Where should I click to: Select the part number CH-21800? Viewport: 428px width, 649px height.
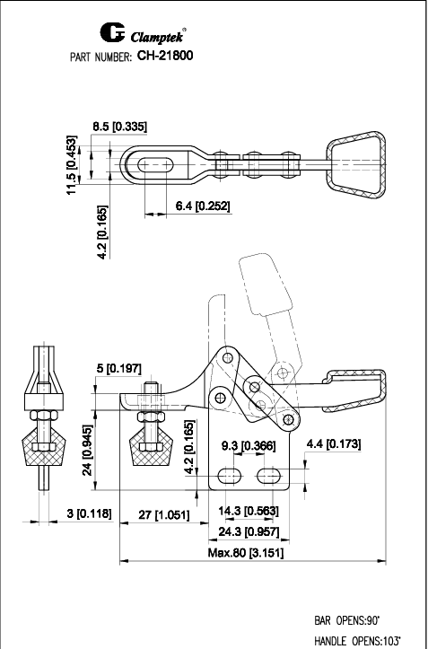(166, 56)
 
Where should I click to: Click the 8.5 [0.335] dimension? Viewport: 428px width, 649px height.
(120, 127)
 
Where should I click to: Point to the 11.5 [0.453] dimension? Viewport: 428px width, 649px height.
(83, 164)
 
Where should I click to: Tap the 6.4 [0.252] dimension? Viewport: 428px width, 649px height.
(203, 206)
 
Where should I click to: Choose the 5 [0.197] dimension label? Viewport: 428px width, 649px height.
(117, 368)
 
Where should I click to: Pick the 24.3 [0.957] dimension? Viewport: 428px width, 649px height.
(248, 531)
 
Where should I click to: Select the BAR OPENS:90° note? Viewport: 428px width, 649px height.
(347, 620)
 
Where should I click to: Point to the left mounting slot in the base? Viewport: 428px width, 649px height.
(231, 473)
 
